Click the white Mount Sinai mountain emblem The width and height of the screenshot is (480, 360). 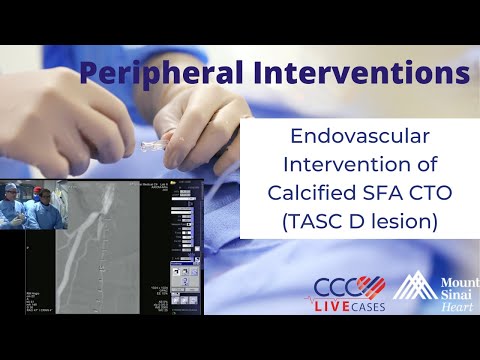point(412,290)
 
